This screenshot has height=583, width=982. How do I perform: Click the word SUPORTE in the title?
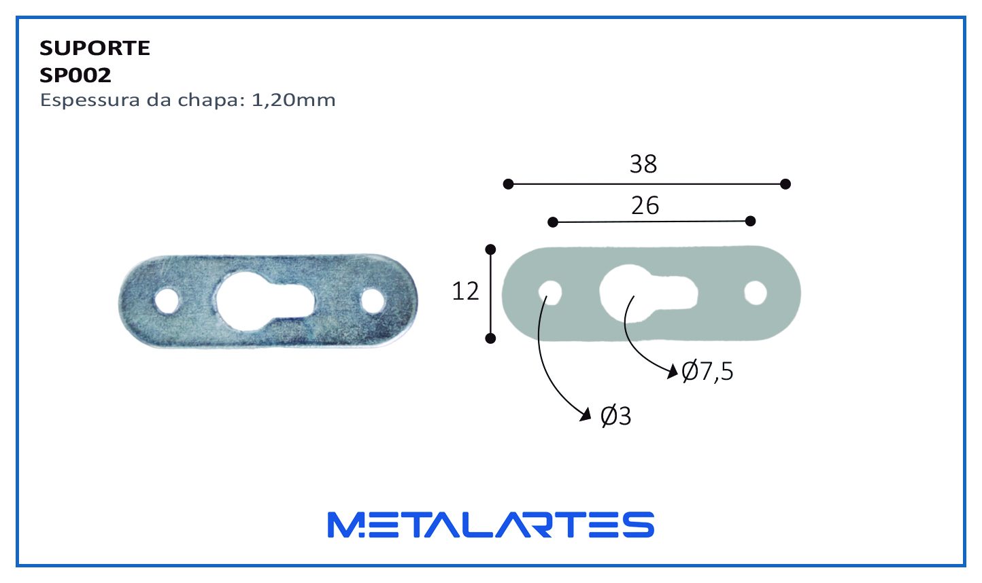[x=95, y=48]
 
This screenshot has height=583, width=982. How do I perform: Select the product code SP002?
[x=75, y=75]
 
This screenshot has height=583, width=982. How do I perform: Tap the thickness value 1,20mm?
[x=293, y=101]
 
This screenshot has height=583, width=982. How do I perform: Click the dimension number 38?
[x=643, y=164]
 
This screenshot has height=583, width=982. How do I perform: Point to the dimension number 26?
[x=645, y=206]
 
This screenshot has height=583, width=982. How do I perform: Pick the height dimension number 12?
[x=465, y=291]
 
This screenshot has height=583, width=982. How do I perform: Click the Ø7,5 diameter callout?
[x=707, y=372]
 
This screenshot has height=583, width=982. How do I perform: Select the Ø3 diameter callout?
[x=615, y=416]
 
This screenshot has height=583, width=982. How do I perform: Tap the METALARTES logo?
[x=491, y=525]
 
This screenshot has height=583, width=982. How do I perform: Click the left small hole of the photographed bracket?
[x=167, y=301]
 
